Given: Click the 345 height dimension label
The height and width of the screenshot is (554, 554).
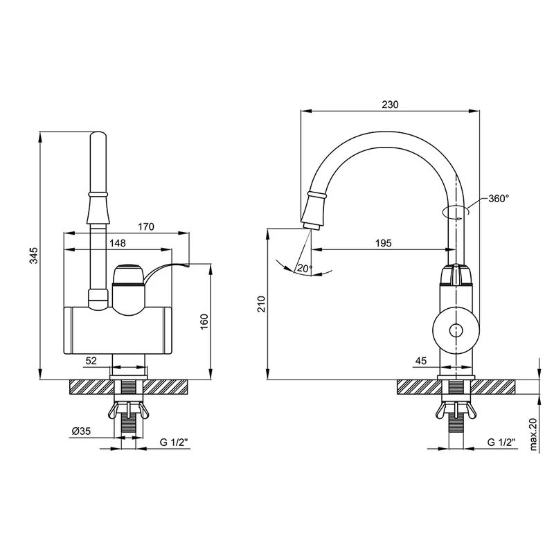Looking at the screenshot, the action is tap(33, 256).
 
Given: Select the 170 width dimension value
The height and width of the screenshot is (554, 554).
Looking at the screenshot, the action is tap(146, 226).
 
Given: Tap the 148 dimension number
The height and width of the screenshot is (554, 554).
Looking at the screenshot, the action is tap(118, 243).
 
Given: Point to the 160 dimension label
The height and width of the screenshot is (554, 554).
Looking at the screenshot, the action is tap(204, 321).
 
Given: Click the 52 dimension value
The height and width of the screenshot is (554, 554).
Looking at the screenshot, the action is tap(91, 361).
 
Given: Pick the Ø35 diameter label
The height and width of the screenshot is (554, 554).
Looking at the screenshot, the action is tap(81, 431).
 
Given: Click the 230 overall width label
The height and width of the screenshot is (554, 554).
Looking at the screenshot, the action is tap(390, 105).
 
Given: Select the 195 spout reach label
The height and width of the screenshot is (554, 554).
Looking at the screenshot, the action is tap(384, 243).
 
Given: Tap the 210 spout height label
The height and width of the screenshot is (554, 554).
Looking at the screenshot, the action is tap(262, 304).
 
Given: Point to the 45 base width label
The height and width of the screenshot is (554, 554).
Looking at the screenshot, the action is tap(421, 361).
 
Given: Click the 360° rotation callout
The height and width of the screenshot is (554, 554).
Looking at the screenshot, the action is tap(499, 199).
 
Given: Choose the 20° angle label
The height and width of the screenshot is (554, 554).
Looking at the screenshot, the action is tap(305, 269).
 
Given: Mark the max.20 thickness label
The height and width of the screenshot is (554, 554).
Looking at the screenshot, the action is tap(533, 435).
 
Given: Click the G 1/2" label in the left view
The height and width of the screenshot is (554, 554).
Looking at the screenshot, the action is tap(175, 442).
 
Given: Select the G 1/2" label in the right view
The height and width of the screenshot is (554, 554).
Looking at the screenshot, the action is tap(501, 442).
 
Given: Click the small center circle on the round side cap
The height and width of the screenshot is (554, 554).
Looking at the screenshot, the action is tap(456, 331).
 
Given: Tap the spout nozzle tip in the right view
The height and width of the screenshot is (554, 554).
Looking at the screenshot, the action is tap(310, 227).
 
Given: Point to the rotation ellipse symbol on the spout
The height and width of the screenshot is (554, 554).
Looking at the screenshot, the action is tap(456, 211).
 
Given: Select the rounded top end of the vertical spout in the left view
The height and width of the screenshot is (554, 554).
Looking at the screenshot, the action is tap(98, 134).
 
